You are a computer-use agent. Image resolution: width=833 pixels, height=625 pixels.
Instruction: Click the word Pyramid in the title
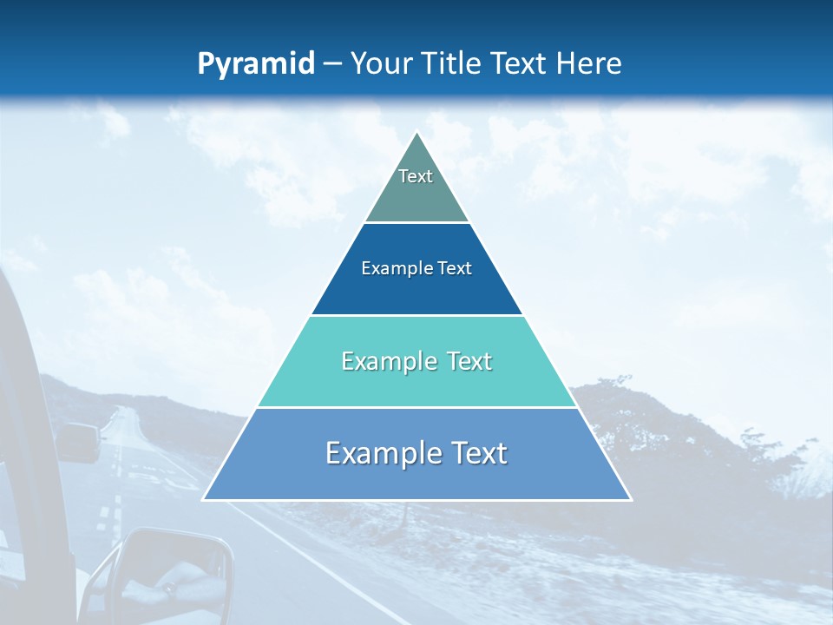click(256, 64)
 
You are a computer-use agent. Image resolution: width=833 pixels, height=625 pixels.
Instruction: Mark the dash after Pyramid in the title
click(332, 64)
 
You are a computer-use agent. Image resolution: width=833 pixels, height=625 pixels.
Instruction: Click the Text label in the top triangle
click(416, 176)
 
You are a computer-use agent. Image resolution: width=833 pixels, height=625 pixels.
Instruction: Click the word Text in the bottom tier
click(477, 453)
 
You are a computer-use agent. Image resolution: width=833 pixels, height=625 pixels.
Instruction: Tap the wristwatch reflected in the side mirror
click(170, 589)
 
